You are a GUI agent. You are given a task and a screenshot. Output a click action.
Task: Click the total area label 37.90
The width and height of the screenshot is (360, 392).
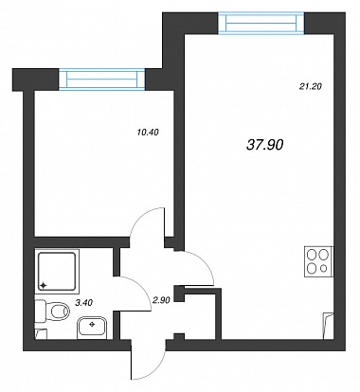264,145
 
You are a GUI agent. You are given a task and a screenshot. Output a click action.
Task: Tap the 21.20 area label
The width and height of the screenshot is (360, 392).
310,86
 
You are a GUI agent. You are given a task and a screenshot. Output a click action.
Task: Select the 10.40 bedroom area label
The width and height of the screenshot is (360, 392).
148,133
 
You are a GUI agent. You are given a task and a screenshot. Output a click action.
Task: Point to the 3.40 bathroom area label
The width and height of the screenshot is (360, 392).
84,303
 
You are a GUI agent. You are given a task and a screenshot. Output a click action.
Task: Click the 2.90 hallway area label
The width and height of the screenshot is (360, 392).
161,300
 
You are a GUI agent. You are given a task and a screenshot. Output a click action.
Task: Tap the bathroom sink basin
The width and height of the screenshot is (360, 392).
92,327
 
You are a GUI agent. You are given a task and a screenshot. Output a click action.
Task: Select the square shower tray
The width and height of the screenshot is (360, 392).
57,271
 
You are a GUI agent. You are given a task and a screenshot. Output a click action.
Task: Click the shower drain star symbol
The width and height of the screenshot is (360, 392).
44,286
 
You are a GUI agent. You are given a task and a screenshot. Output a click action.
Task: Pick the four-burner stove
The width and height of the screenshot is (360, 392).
318,261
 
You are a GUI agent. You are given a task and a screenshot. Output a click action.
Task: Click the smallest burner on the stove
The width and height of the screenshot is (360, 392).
323,269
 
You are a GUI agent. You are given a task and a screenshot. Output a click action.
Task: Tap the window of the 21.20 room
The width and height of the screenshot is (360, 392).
261,23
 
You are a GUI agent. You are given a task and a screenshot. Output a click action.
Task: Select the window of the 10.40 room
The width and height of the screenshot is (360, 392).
102,80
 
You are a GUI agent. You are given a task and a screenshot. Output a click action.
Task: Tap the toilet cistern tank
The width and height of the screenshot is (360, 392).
40,312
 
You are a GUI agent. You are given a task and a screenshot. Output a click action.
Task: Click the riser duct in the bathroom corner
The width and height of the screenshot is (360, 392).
41,334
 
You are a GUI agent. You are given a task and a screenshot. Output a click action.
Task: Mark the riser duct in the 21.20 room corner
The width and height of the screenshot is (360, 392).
328,326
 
